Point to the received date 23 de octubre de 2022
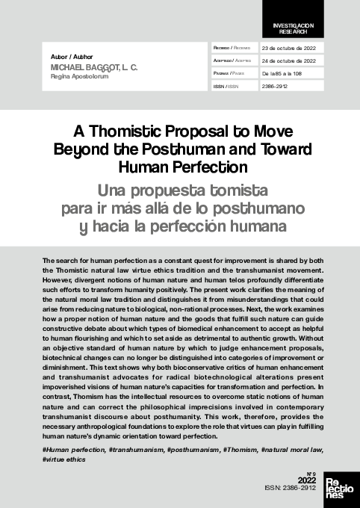[288, 47]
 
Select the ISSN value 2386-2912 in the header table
[274, 86]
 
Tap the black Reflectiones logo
[341, 489]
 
